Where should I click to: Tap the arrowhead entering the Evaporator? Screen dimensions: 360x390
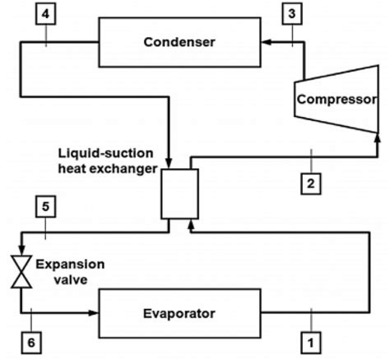[x=92, y=313]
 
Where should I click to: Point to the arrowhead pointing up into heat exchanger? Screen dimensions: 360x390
[x=190, y=224]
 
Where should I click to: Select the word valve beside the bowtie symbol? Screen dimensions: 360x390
[x=53, y=279]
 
